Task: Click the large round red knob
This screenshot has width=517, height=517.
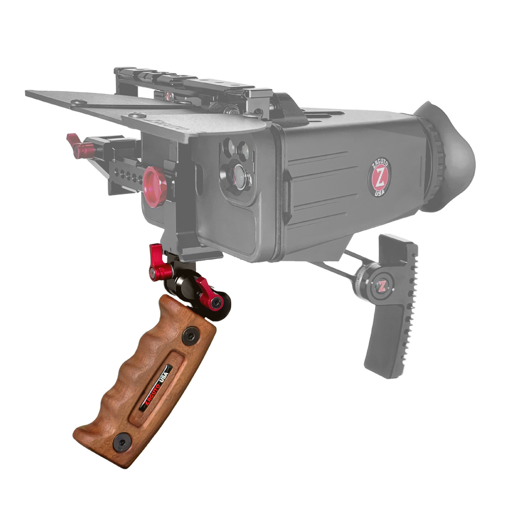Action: [x=154, y=187]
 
